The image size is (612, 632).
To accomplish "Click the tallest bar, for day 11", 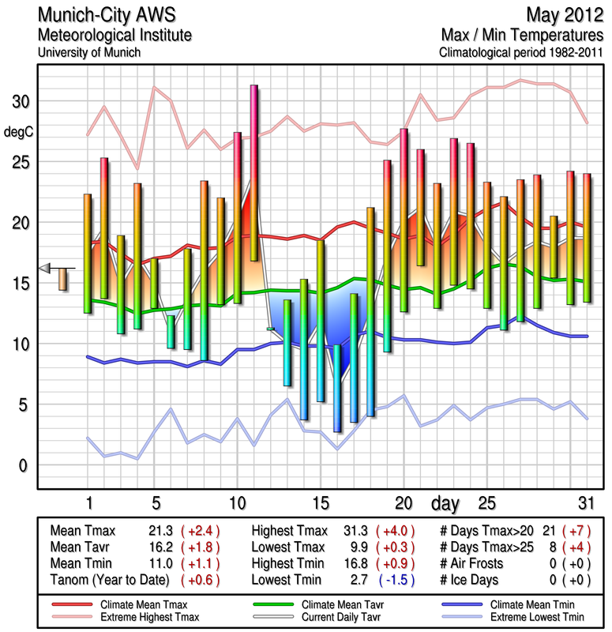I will point(253,172).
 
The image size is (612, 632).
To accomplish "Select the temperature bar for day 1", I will point(88,253).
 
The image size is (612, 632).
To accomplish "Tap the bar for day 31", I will point(587,237).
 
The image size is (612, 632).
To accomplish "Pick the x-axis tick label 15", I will point(320,502).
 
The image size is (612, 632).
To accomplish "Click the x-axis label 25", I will point(486,502).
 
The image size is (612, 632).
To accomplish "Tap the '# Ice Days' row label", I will point(471,581).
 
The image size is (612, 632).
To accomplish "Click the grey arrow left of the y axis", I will point(45,268).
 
